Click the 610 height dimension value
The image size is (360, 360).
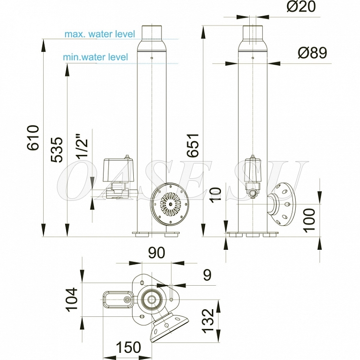(x=33, y=138)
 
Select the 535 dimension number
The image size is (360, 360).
(x=57, y=150)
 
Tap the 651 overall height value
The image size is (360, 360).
(x=192, y=145)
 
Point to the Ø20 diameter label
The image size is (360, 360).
(x=301, y=6)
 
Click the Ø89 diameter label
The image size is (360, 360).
(x=313, y=53)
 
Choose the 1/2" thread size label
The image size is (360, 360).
(x=82, y=147)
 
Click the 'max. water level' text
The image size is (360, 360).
(x=100, y=34)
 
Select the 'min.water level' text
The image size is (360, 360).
(x=95, y=57)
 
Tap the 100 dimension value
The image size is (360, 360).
(x=309, y=221)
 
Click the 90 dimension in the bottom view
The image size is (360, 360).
(x=157, y=253)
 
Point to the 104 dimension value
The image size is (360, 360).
(x=72, y=300)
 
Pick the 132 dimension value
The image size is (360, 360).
(x=208, y=321)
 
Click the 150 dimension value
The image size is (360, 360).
(x=128, y=348)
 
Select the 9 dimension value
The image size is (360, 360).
(x=207, y=275)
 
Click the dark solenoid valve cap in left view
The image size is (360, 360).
(x=118, y=169)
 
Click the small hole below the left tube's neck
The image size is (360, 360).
(x=152, y=58)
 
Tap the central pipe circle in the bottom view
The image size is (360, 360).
(x=151, y=299)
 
